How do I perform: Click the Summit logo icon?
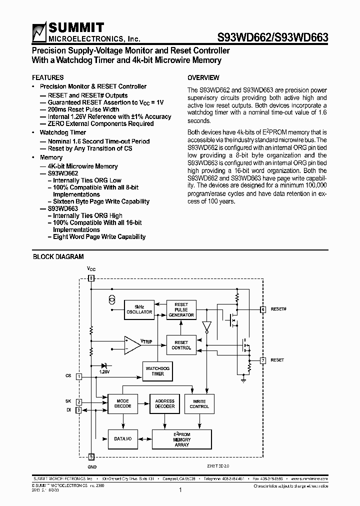click(x=39, y=32)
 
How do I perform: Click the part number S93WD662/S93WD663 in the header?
click(x=272, y=37)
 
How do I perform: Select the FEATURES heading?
click(x=47, y=77)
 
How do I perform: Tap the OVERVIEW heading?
click(x=203, y=77)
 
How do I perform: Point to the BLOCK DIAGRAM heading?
click(x=58, y=256)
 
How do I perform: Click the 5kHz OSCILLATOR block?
click(x=139, y=309)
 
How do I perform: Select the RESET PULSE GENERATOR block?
click(x=181, y=309)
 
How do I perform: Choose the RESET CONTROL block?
click(x=181, y=345)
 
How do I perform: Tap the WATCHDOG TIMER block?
click(x=157, y=370)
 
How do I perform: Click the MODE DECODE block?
click(x=122, y=403)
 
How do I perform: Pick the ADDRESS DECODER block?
click(x=164, y=403)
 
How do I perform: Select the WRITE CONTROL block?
click(x=199, y=403)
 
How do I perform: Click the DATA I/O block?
click(x=122, y=438)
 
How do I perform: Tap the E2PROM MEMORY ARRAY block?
click(x=181, y=439)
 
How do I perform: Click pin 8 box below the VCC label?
click(x=91, y=278)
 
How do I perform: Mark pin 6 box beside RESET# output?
click(x=263, y=309)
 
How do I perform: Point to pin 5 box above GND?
click(x=91, y=456)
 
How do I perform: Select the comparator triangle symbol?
click(x=132, y=344)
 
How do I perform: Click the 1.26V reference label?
click(x=104, y=372)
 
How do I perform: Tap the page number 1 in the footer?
click(x=179, y=490)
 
